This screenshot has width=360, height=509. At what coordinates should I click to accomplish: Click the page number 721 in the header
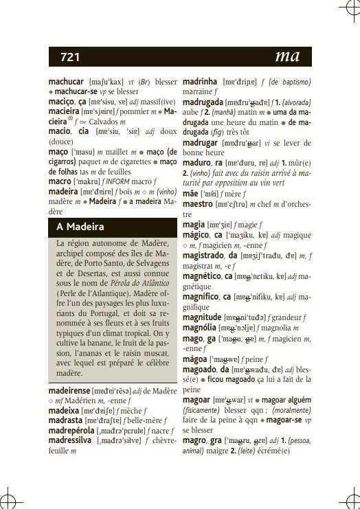pyautogui.click(x=70, y=57)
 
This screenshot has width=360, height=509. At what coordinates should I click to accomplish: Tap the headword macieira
pyautogui.click(x=64, y=111)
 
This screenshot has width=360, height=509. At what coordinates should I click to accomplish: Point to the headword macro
pyautogui.click(x=60, y=181)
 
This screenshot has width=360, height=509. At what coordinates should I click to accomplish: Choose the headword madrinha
pyautogui.click(x=200, y=81)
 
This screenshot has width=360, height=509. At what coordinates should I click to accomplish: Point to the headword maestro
pyautogui.click(x=198, y=204)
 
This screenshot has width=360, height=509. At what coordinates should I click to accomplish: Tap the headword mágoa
pyautogui.click(x=196, y=359)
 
